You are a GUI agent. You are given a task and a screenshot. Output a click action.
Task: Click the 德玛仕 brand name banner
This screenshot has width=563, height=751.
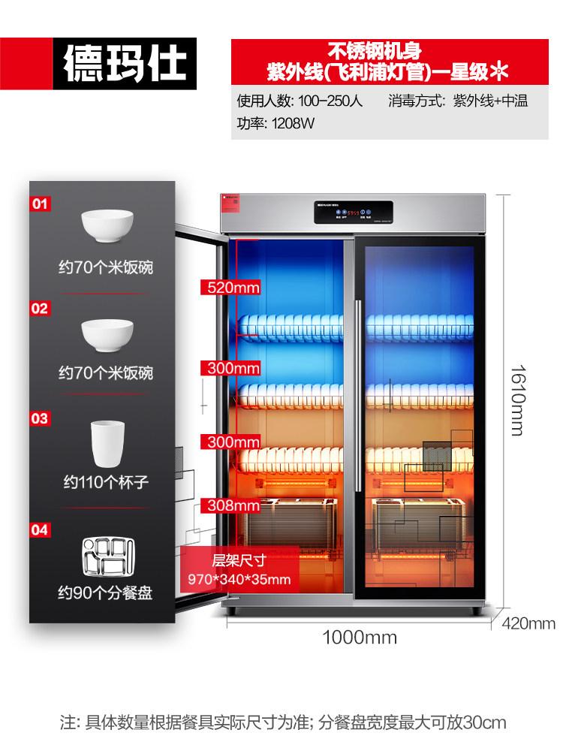124,63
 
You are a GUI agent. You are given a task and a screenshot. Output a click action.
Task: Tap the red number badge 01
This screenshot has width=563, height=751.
40,204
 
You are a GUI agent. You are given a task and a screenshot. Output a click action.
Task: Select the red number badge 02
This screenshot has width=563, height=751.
40,308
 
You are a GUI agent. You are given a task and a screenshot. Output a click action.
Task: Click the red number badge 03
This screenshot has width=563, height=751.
40,418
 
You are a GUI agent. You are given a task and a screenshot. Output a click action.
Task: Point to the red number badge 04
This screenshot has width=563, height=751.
40,530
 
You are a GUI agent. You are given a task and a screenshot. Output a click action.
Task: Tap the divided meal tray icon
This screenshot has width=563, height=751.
105,554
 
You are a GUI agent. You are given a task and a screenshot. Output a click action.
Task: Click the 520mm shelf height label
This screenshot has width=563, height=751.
230,288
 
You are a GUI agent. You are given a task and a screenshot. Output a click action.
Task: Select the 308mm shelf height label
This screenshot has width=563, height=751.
230,505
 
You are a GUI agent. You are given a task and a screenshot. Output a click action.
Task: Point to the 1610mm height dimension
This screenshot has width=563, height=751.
517,400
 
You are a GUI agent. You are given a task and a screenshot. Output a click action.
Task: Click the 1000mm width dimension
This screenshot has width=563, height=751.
360,638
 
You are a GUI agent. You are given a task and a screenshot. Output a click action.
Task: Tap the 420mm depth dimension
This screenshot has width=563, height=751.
528,623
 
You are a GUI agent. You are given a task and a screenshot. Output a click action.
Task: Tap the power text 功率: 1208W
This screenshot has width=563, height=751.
275,124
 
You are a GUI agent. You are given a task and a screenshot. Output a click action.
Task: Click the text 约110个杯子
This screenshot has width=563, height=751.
105,482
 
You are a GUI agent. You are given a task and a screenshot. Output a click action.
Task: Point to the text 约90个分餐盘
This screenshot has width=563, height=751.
105,593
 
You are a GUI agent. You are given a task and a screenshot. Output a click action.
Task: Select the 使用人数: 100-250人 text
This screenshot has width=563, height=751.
300,101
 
